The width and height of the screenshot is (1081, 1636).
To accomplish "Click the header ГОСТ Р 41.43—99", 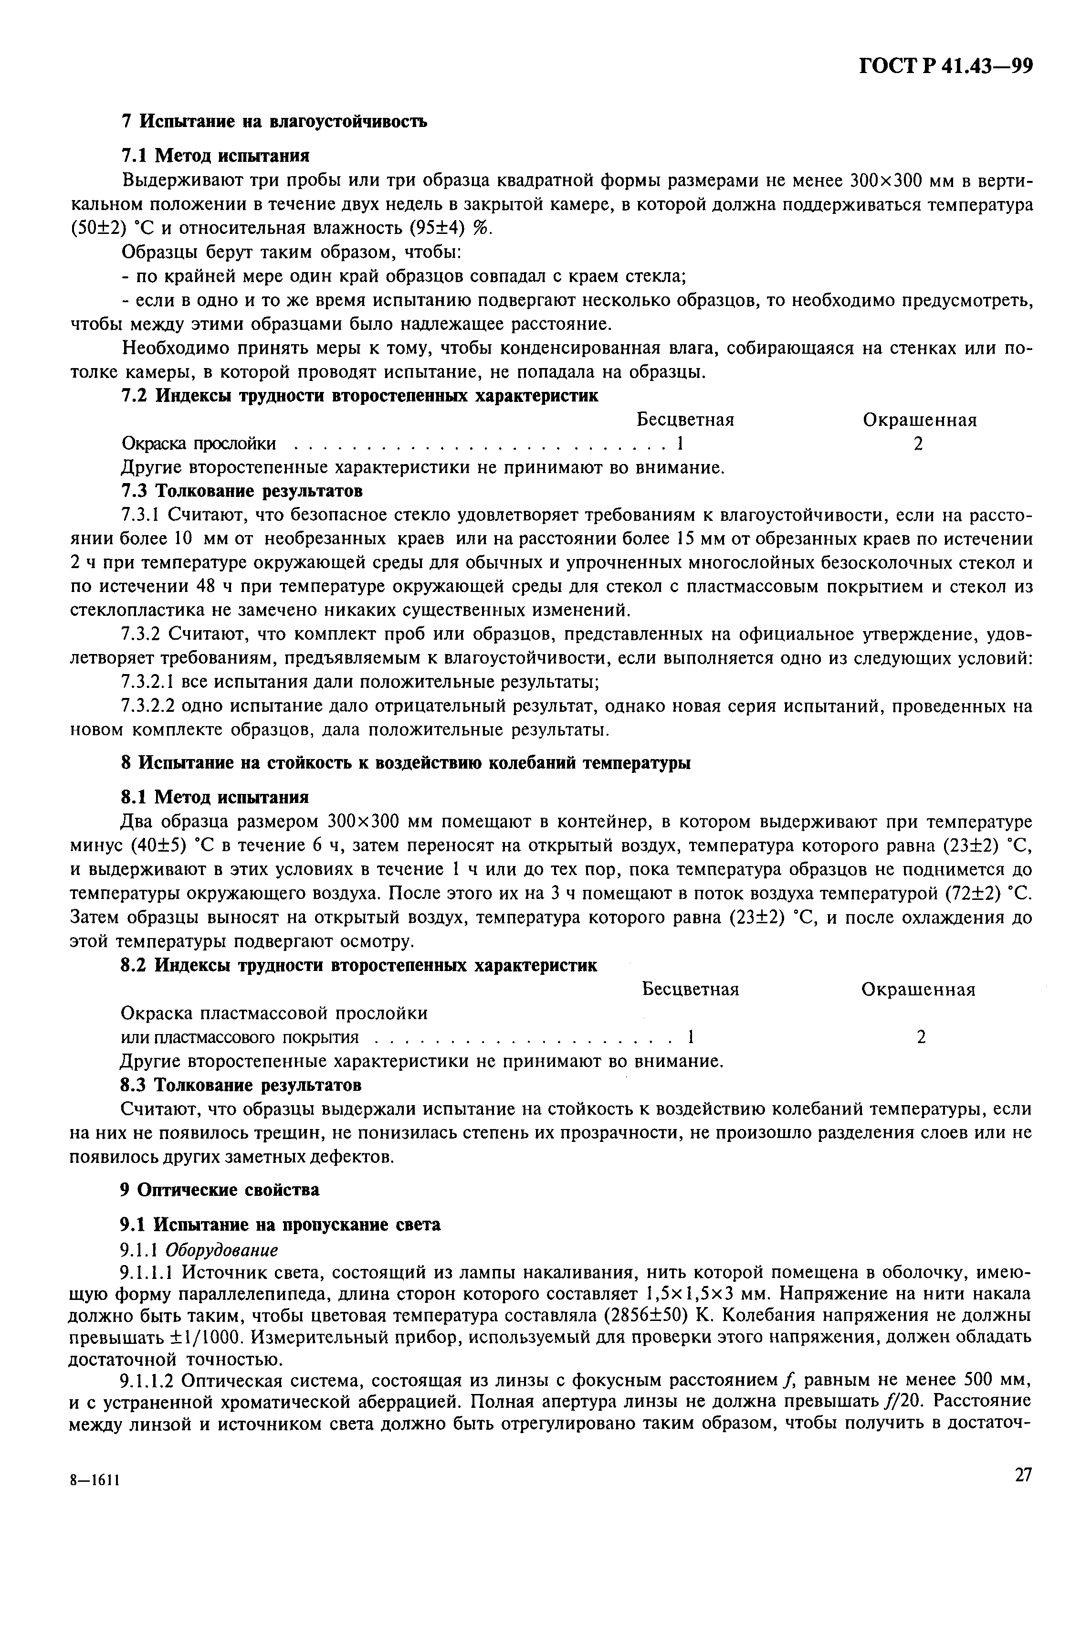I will click(945, 66).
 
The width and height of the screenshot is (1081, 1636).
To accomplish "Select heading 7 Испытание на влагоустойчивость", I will click(273, 121).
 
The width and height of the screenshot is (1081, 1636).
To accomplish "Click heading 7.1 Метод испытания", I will click(215, 155).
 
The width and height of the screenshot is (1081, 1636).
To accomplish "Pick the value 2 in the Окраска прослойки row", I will click(918, 444).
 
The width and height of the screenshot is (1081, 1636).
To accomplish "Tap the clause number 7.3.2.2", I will click(147, 707).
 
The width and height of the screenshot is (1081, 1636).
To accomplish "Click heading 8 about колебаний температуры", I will click(405, 763).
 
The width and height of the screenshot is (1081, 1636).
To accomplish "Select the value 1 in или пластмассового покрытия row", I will click(691, 1036).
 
